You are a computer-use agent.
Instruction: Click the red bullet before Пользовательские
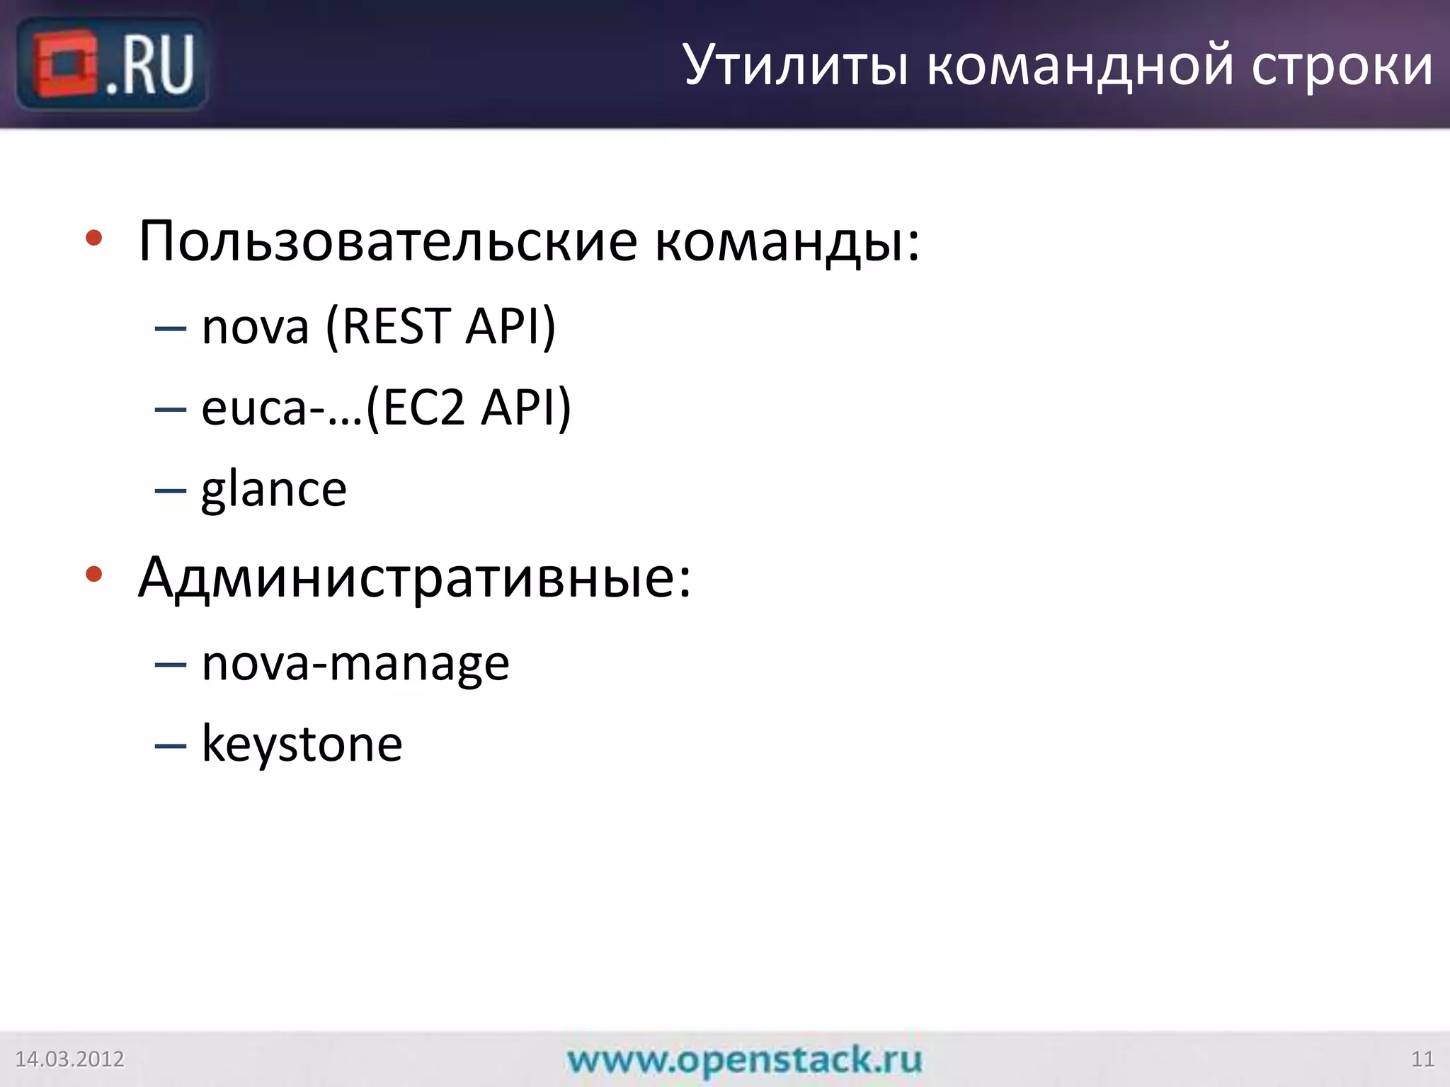click(93, 238)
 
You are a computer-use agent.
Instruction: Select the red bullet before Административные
click(93, 574)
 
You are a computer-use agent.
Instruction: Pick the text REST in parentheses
click(396, 327)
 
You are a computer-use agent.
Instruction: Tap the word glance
click(274, 490)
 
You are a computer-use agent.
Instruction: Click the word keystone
click(302, 744)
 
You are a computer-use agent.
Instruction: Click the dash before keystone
click(171, 746)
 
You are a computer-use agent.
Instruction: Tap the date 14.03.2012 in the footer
click(69, 1059)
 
